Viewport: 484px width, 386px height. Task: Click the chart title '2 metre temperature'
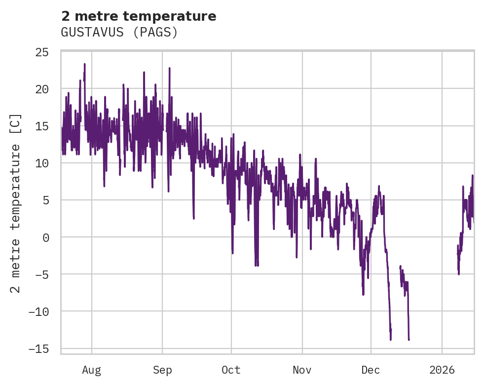click(139, 16)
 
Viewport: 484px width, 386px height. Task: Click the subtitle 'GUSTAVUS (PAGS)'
click(119, 33)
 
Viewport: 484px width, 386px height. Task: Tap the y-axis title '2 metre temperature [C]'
click(16, 203)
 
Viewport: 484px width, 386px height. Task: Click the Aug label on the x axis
click(91, 370)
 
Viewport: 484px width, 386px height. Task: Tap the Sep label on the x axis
click(162, 370)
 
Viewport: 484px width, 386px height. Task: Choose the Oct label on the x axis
click(231, 370)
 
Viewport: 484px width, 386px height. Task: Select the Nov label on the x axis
click(302, 370)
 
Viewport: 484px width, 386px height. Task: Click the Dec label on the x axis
click(371, 370)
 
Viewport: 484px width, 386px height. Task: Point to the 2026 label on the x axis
click(442, 370)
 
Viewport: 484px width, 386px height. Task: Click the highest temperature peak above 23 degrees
click(85, 64)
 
